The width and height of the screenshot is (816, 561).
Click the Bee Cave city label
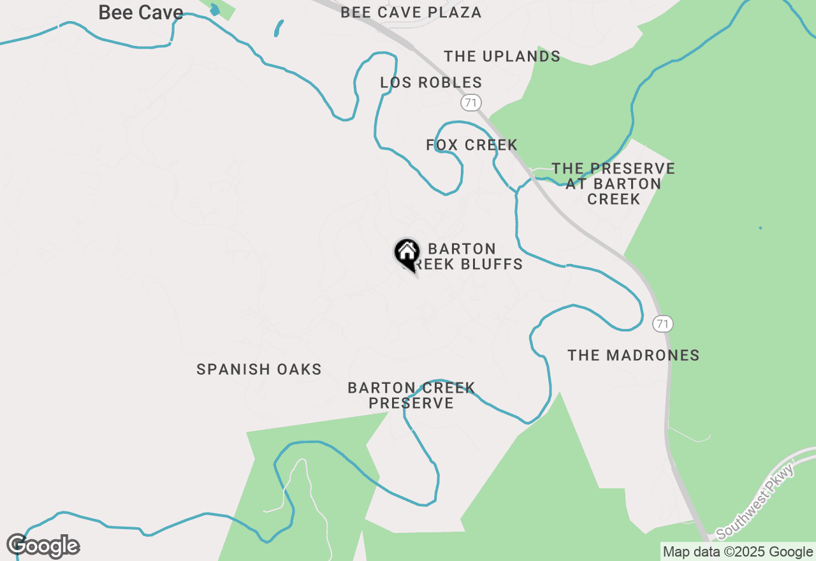[x=140, y=13]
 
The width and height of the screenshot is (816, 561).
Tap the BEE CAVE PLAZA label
[x=411, y=13]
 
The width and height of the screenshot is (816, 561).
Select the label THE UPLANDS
[x=502, y=56]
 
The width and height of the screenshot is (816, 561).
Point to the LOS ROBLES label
[x=431, y=82]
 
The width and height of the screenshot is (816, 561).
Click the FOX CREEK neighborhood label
[x=471, y=145]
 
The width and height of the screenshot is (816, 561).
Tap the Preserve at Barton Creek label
[x=613, y=184]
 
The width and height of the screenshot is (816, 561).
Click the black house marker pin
[x=407, y=253]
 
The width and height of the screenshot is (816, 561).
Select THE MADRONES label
[x=633, y=355]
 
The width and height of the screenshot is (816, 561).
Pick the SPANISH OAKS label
[x=259, y=369]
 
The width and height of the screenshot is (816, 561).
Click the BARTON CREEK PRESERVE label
[x=411, y=395]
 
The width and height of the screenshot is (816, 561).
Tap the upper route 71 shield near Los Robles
[x=470, y=102]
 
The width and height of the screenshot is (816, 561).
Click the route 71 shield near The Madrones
[x=663, y=324]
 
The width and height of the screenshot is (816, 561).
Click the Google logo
[x=43, y=546]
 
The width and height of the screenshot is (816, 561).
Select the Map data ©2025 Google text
[x=738, y=552]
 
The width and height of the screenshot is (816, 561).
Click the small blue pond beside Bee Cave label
[x=215, y=10]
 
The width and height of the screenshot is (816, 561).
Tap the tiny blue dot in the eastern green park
[x=760, y=228]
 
